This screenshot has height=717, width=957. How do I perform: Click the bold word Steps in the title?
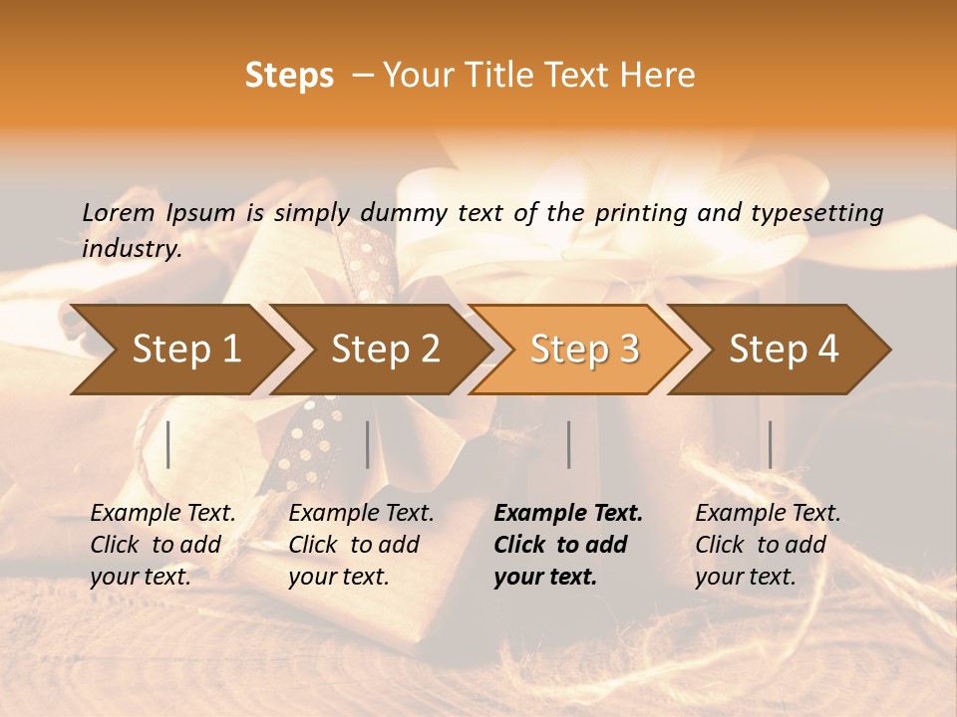coord(289,76)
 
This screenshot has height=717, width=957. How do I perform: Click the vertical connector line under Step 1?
coord(168,444)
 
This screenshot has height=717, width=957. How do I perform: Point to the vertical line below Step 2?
coord(368,444)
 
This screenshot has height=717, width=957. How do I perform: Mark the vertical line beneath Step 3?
coord(569,444)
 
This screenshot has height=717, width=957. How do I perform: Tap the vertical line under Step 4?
coord(771,444)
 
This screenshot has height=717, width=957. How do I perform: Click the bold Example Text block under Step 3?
coord(568,545)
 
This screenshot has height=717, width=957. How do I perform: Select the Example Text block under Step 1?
coord(162,545)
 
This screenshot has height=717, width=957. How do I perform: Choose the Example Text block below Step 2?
coord(361,545)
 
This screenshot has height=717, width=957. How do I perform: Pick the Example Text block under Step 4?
coord(768,545)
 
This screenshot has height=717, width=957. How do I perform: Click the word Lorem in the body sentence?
coord(119,212)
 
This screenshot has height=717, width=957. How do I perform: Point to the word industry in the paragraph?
coord(131,249)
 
